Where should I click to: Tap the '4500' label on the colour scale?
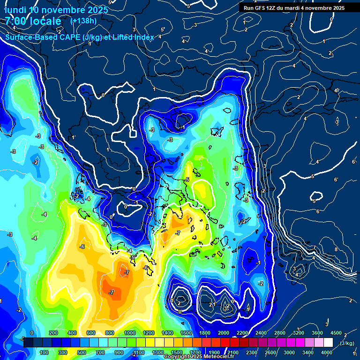(336, 333)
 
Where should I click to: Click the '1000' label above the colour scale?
(130, 333)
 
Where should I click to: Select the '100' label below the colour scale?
(45, 352)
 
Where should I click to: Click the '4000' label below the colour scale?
(327, 352)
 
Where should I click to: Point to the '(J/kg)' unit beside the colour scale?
(347, 343)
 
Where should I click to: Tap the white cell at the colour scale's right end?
(328, 343)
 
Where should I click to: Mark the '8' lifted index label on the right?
(336, 249)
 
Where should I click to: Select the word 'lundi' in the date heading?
(15, 9)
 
